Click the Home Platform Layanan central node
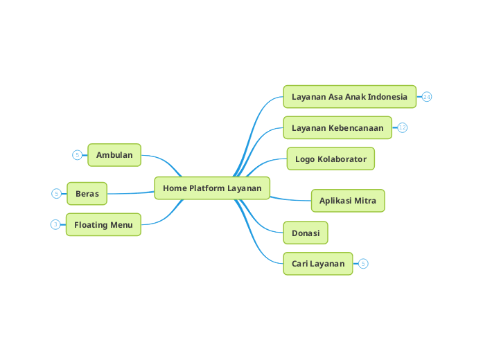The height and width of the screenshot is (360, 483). pos(212,188)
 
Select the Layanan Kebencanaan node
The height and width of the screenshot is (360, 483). pos(337,128)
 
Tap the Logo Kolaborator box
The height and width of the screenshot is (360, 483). pos(331,159)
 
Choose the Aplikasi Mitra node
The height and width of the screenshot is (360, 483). pos(348,201)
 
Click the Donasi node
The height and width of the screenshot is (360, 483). pos(306,233)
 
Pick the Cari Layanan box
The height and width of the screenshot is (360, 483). pos(318,264)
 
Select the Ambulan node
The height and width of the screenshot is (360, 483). pos(114,155)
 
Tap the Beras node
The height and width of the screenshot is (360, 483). pos(87,194)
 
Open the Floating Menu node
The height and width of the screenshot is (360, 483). pos(103,225)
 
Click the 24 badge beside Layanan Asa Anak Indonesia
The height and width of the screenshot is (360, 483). pos(427,97)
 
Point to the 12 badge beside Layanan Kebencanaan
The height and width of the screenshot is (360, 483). pos(403,128)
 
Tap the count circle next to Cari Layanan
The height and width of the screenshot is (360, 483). pos(364,264)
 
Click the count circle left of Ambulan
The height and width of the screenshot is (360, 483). pos(77,155)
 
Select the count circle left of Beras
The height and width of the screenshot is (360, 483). pos(56,194)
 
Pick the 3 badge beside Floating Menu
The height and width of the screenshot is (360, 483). pos(55,224)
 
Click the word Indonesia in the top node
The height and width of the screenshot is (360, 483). pos(388,97)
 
